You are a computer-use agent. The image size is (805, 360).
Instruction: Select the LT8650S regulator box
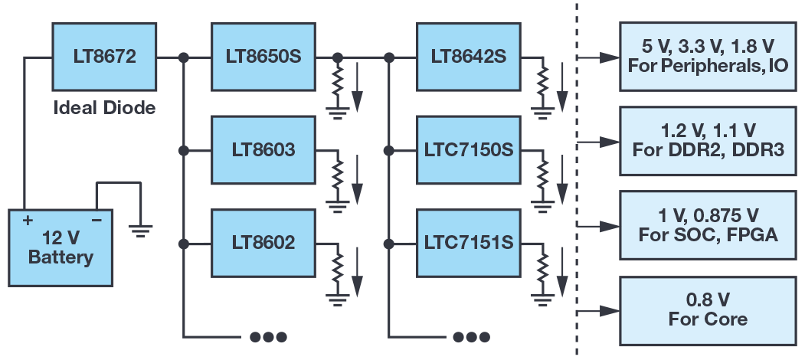[x=263, y=57]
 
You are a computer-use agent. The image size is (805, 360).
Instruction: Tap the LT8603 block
[x=263, y=150]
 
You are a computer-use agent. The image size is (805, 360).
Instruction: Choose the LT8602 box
[x=263, y=244]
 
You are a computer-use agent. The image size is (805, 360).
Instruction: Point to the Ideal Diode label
[x=104, y=107]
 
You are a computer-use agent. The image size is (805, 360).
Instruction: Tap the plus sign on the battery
[x=28, y=221]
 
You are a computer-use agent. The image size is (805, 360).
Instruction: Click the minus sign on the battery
[x=97, y=221]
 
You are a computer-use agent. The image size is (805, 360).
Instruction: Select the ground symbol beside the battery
[x=140, y=229]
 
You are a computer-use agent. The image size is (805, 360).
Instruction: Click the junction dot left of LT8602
[x=184, y=244]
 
